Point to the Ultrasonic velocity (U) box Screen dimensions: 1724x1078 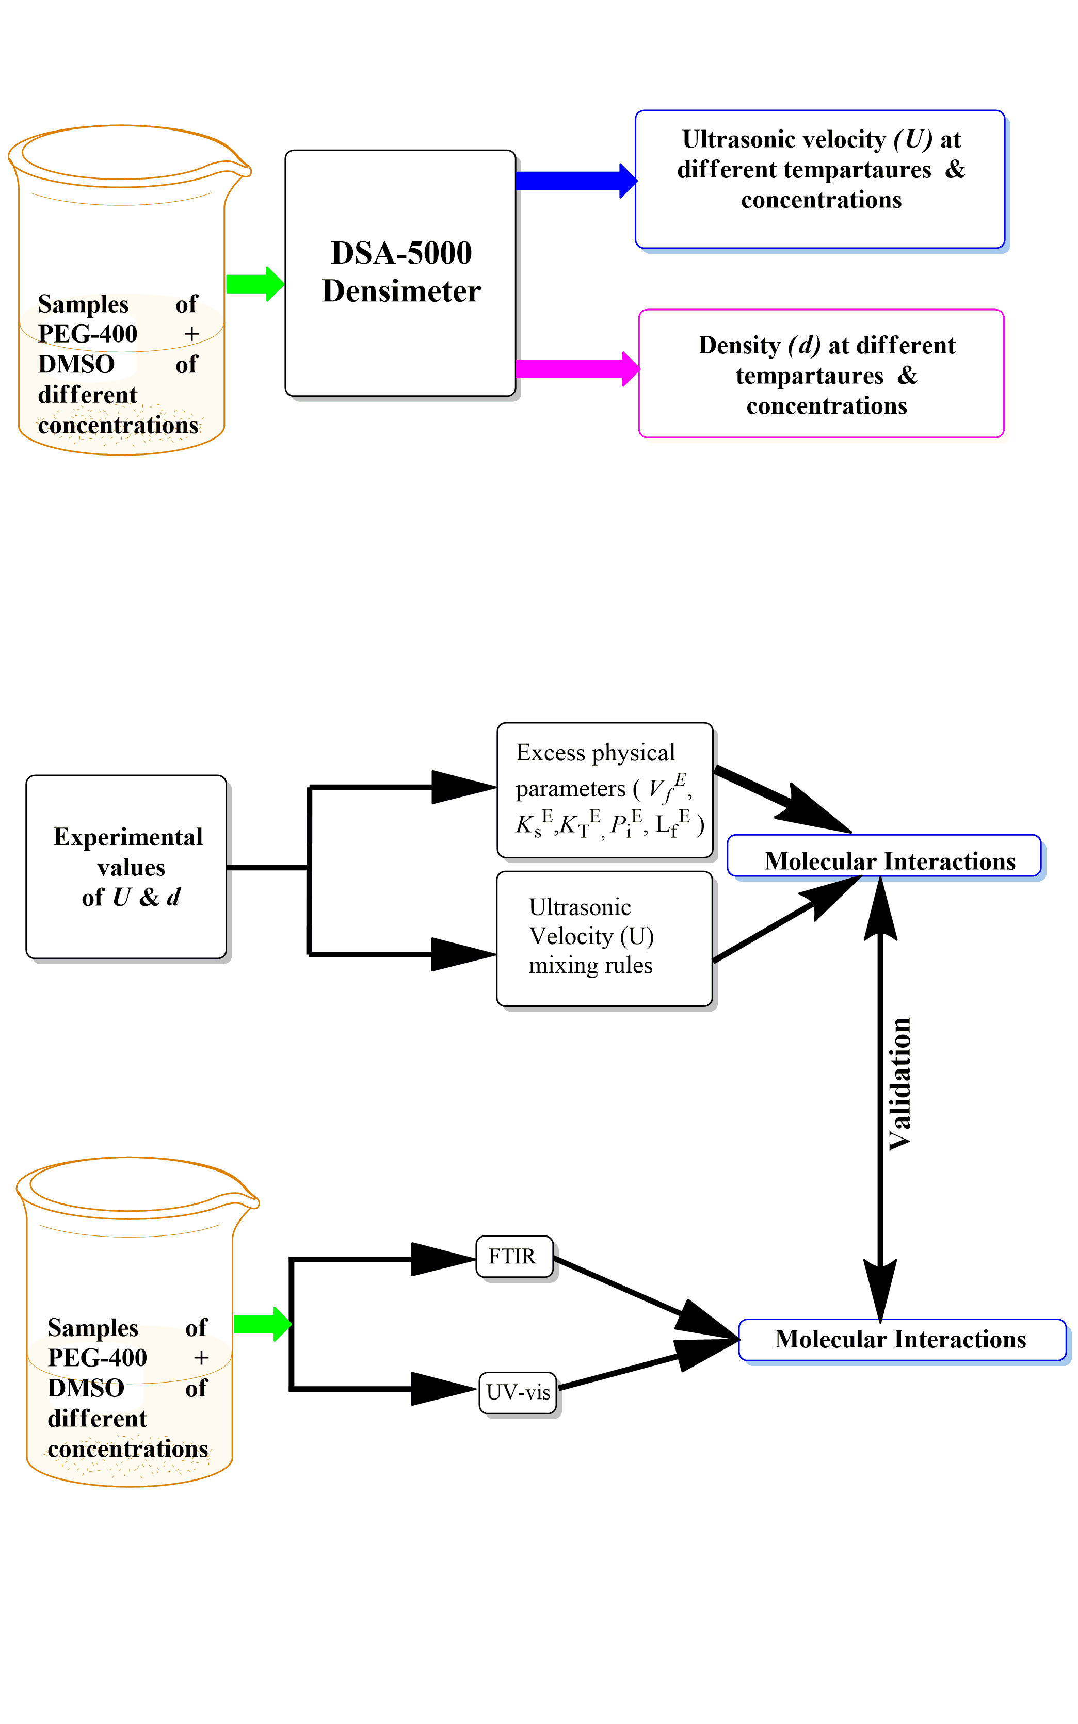(x=820, y=179)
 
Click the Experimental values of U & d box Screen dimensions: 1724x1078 (x=126, y=867)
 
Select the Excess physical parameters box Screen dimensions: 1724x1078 (x=605, y=790)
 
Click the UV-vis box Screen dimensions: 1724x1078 (x=518, y=1392)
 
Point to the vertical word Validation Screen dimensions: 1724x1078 (x=900, y=1083)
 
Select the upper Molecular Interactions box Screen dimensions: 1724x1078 (x=884, y=855)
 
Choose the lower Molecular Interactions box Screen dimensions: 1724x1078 (x=902, y=1339)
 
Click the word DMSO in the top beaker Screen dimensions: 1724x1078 (x=76, y=364)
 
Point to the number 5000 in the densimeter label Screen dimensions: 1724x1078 (x=439, y=253)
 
